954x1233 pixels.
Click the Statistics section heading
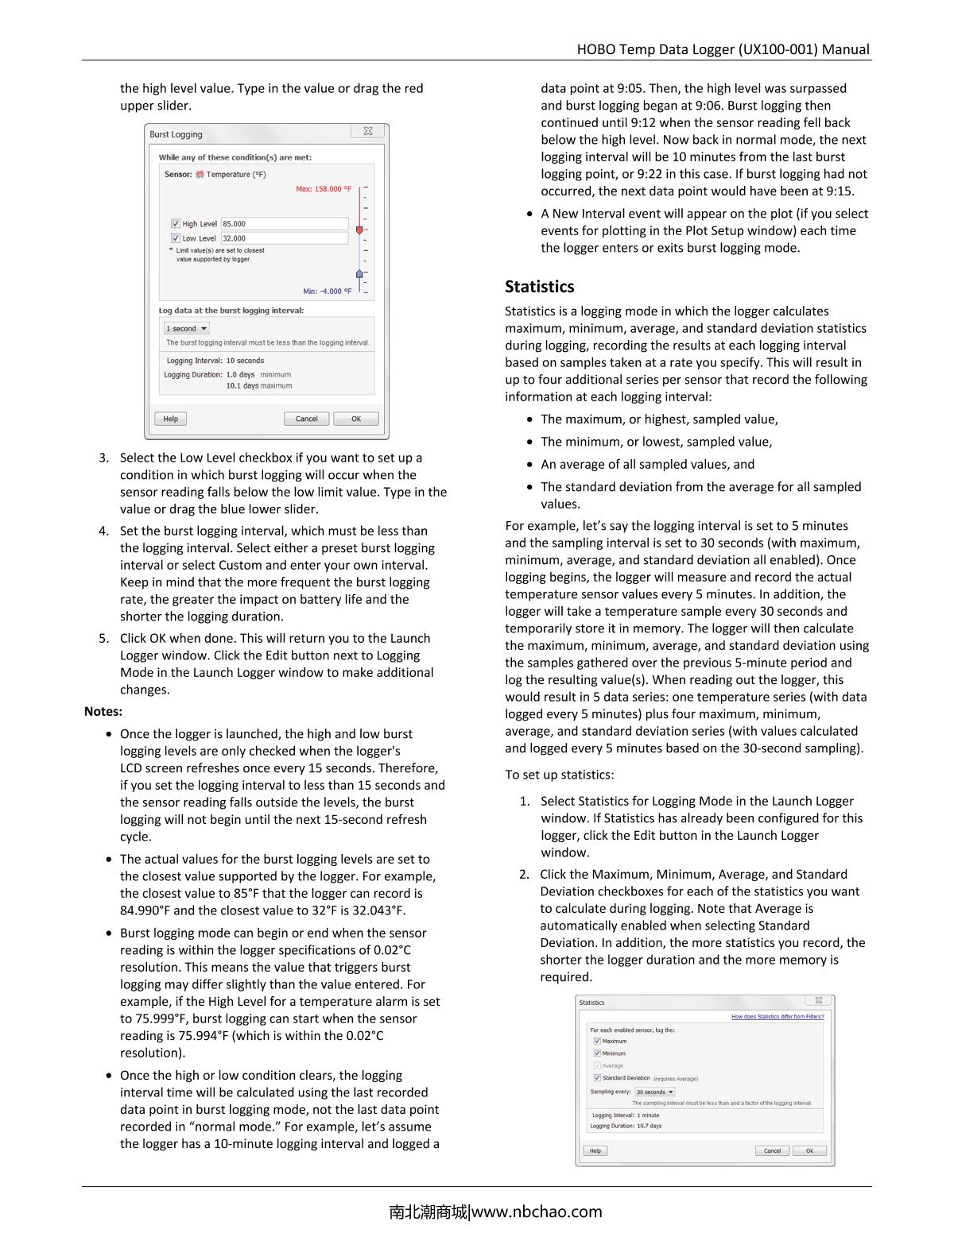[539, 287]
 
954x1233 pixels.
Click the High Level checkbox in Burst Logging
[176, 224]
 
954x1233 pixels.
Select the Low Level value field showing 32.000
[284, 238]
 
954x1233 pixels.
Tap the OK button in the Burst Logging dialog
[355, 419]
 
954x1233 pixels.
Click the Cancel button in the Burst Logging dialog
[306, 419]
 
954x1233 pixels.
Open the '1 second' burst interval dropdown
[187, 329]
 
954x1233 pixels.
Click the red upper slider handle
[359, 230]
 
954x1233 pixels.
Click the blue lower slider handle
[359, 274]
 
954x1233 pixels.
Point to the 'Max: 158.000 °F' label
[324, 189]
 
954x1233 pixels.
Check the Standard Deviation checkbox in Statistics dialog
[597, 1078]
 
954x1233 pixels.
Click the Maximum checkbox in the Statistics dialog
[597, 1041]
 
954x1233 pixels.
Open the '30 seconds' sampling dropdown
[654, 1092]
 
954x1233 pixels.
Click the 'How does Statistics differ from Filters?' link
[778, 1017]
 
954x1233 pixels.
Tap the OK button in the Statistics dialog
[809, 1150]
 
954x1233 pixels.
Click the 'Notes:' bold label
[103, 712]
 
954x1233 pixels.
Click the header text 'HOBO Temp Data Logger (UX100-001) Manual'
[723, 49]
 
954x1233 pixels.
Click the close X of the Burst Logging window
[368, 132]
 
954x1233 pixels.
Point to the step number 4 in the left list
[103, 531]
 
